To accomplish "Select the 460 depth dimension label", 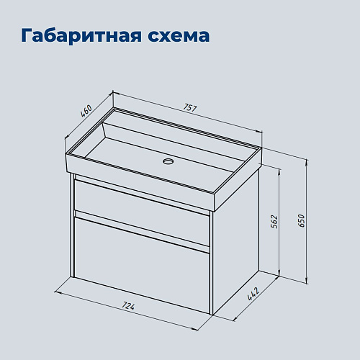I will [87, 113].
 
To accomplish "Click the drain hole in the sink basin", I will [168, 161].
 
